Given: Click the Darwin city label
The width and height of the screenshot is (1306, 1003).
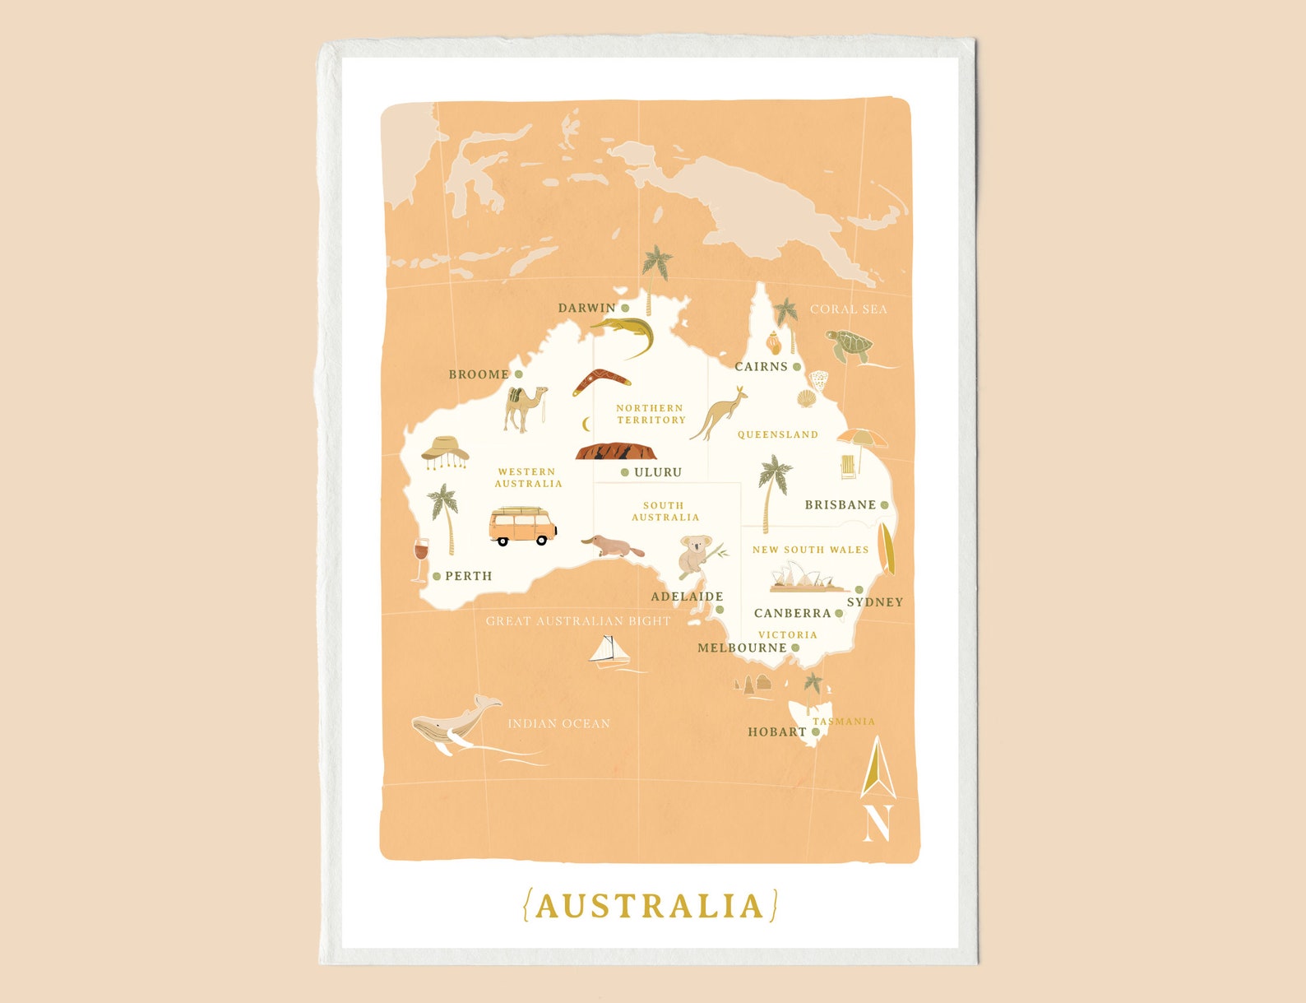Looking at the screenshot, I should click(586, 308).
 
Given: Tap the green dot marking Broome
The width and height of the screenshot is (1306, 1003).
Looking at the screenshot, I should click(519, 374).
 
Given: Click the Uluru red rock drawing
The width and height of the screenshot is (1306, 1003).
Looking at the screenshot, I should click(617, 451).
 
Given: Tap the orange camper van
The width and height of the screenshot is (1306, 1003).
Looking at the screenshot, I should click(522, 527).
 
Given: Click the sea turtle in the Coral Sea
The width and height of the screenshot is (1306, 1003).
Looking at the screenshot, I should click(851, 346).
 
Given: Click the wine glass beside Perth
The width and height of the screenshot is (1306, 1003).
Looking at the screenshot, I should click(421, 558).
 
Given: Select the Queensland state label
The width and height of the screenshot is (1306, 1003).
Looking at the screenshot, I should click(777, 434).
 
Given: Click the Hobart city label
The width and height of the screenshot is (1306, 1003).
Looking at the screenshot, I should click(776, 731).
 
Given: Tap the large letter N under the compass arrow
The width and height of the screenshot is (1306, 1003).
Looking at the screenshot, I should click(877, 823).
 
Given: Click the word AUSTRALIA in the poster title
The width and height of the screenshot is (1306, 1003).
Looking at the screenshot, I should click(650, 906).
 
